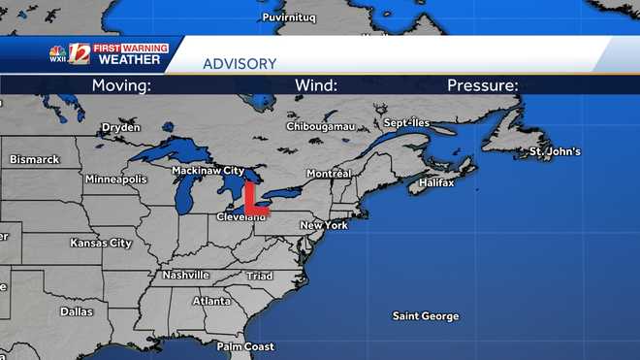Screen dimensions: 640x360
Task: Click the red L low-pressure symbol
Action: point(255,198)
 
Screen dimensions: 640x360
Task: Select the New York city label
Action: point(324,225)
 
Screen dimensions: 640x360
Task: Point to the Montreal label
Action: point(328,173)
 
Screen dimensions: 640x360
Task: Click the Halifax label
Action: point(436,182)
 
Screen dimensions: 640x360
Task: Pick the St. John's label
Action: point(555,152)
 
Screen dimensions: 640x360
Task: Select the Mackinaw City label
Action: point(208,170)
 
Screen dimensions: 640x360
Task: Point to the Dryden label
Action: point(121,127)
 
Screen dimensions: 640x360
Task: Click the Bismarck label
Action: point(34,159)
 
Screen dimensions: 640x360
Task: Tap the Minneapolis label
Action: point(115,180)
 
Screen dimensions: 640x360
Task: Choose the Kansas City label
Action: point(101,243)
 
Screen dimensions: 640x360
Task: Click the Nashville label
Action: point(186,275)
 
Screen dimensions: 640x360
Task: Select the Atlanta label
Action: point(211,301)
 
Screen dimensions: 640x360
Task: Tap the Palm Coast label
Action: point(245,346)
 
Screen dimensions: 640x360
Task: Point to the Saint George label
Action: point(425,316)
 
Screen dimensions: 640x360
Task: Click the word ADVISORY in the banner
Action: point(239,64)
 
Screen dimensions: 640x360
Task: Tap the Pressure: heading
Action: point(482,85)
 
